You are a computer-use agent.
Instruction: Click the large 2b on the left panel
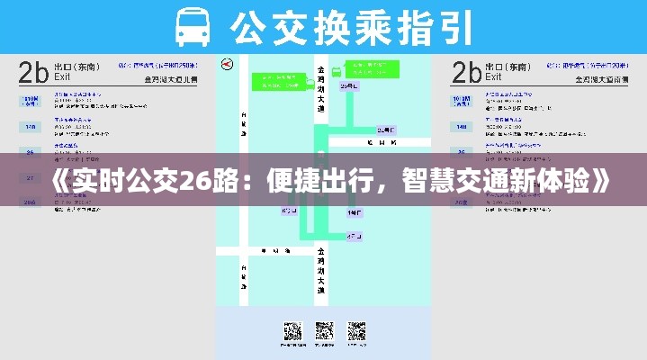(33, 71)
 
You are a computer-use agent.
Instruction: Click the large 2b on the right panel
(466, 71)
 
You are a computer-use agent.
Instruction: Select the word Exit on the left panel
(62, 78)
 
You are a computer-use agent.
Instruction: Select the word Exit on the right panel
(495, 78)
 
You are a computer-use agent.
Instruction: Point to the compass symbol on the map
(227, 64)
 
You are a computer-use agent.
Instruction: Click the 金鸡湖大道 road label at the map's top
(321, 85)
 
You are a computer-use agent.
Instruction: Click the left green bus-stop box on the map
(277, 78)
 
